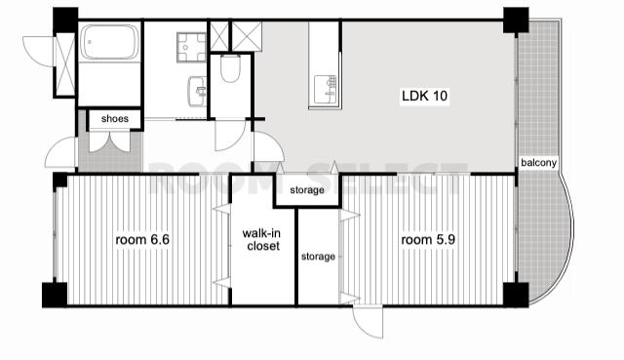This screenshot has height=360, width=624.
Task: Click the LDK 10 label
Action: click(x=425, y=96)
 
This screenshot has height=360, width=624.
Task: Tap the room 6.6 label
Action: click(x=142, y=240)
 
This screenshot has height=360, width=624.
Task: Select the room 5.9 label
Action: click(x=428, y=240)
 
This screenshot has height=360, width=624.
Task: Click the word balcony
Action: click(x=538, y=163)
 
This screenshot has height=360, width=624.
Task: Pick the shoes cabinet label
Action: click(x=115, y=119)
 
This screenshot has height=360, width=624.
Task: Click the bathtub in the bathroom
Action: click(x=110, y=42)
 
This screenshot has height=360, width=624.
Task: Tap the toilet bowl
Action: click(x=230, y=69)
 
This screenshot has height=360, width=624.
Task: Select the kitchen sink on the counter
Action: click(x=325, y=89)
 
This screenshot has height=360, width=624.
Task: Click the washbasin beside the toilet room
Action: click(x=197, y=91)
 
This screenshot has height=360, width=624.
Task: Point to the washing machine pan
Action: click(x=191, y=48)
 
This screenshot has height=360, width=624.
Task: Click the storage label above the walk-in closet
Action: click(x=307, y=190)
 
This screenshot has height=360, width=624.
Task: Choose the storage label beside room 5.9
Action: click(x=318, y=257)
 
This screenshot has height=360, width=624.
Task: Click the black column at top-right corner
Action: click(x=516, y=20)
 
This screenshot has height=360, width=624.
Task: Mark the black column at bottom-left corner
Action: click(x=55, y=295)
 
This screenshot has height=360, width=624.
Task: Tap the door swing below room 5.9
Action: click(x=369, y=322)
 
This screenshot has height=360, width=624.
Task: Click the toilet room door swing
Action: click(x=231, y=136)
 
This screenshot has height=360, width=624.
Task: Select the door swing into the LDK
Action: click(x=269, y=147)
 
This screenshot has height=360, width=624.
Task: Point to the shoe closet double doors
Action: click(x=109, y=141)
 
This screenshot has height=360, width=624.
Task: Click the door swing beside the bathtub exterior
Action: click(x=38, y=52)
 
